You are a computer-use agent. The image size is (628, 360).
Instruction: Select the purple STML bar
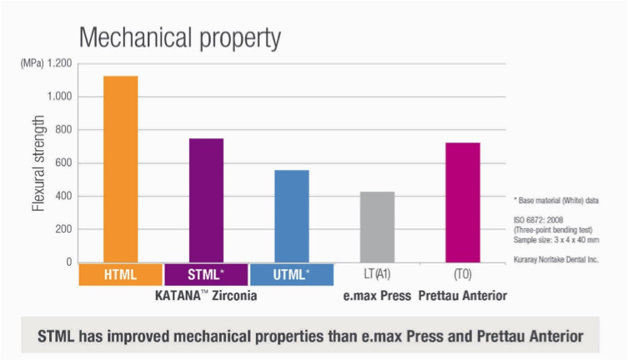[x=206, y=200]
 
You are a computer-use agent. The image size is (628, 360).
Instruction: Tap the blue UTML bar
[x=292, y=216]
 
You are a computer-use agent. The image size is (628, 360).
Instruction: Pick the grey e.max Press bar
[x=377, y=227]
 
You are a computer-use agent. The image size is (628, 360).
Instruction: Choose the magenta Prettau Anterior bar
[x=462, y=202]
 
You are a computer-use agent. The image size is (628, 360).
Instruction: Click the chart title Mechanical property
[x=179, y=37]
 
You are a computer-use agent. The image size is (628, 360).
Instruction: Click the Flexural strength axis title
[x=38, y=163]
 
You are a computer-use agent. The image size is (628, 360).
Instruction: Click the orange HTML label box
[x=121, y=274]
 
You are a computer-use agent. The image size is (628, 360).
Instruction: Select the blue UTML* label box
[x=292, y=274]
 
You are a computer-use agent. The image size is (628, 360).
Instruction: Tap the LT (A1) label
[x=377, y=274]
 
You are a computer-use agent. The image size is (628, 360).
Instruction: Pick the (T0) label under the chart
[x=462, y=274]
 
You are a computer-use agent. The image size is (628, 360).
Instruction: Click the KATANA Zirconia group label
[x=206, y=296]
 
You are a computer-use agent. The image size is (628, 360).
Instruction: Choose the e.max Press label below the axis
[x=376, y=296]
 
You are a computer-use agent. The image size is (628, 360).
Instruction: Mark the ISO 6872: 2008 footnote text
[x=543, y=219]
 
